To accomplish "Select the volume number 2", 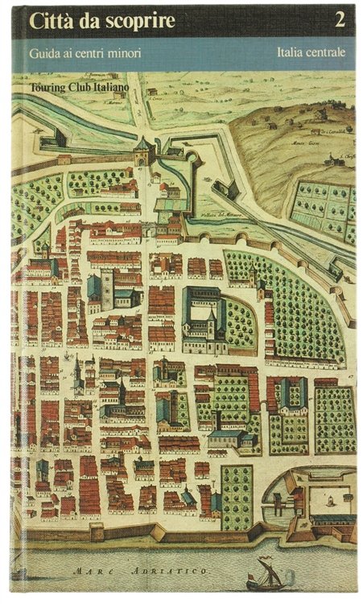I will click(x=340, y=22).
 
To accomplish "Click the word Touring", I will click(x=48, y=83).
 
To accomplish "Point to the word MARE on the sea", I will click(x=92, y=572).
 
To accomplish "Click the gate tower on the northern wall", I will click(x=143, y=150).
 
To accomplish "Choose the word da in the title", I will click(x=88, y=23).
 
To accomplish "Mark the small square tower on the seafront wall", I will click(x=97, y=532).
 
